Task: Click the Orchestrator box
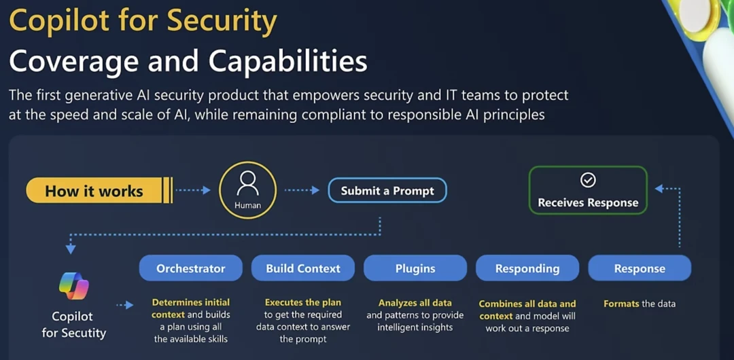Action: click(x=190, y=268)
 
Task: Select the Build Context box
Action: click(x=303, y=268)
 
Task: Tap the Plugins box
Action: click(x=415, y=268)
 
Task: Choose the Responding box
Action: click(x=527, y=268)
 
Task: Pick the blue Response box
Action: click(x=640, y=268)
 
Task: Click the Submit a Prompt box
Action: click(x=387, y=191)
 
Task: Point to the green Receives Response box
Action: click(x=588, y=191)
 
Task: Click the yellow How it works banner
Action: click(x=95, y=191)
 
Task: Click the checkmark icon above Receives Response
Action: click(x=588, y=180)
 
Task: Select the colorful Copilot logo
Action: click(x=74, y=285)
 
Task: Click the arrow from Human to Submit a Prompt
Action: click(x=302, y=191)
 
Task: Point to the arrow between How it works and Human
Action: click(x=193, y=191)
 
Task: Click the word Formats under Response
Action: click(x=621, y=304)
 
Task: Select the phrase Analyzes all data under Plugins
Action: click(x=415, y=303)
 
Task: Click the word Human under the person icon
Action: click(x=247, y=205)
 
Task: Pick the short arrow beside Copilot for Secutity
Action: click(x=124, y=306)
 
